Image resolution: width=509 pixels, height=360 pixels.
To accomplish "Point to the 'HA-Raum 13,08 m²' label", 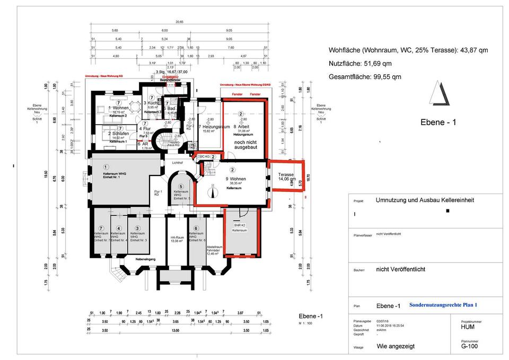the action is (x=177, y=239).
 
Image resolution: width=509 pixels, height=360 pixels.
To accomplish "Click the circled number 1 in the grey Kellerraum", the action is (x=106, y=167).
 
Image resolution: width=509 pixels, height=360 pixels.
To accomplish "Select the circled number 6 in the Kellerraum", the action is (x=196, y=229).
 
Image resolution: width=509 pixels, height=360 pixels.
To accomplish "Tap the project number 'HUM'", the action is (x=468, y=327).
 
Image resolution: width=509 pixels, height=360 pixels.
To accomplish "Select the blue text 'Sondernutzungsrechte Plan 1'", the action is (x=444, y=305).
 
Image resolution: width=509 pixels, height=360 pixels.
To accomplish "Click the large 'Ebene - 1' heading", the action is (x=438, y=122).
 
